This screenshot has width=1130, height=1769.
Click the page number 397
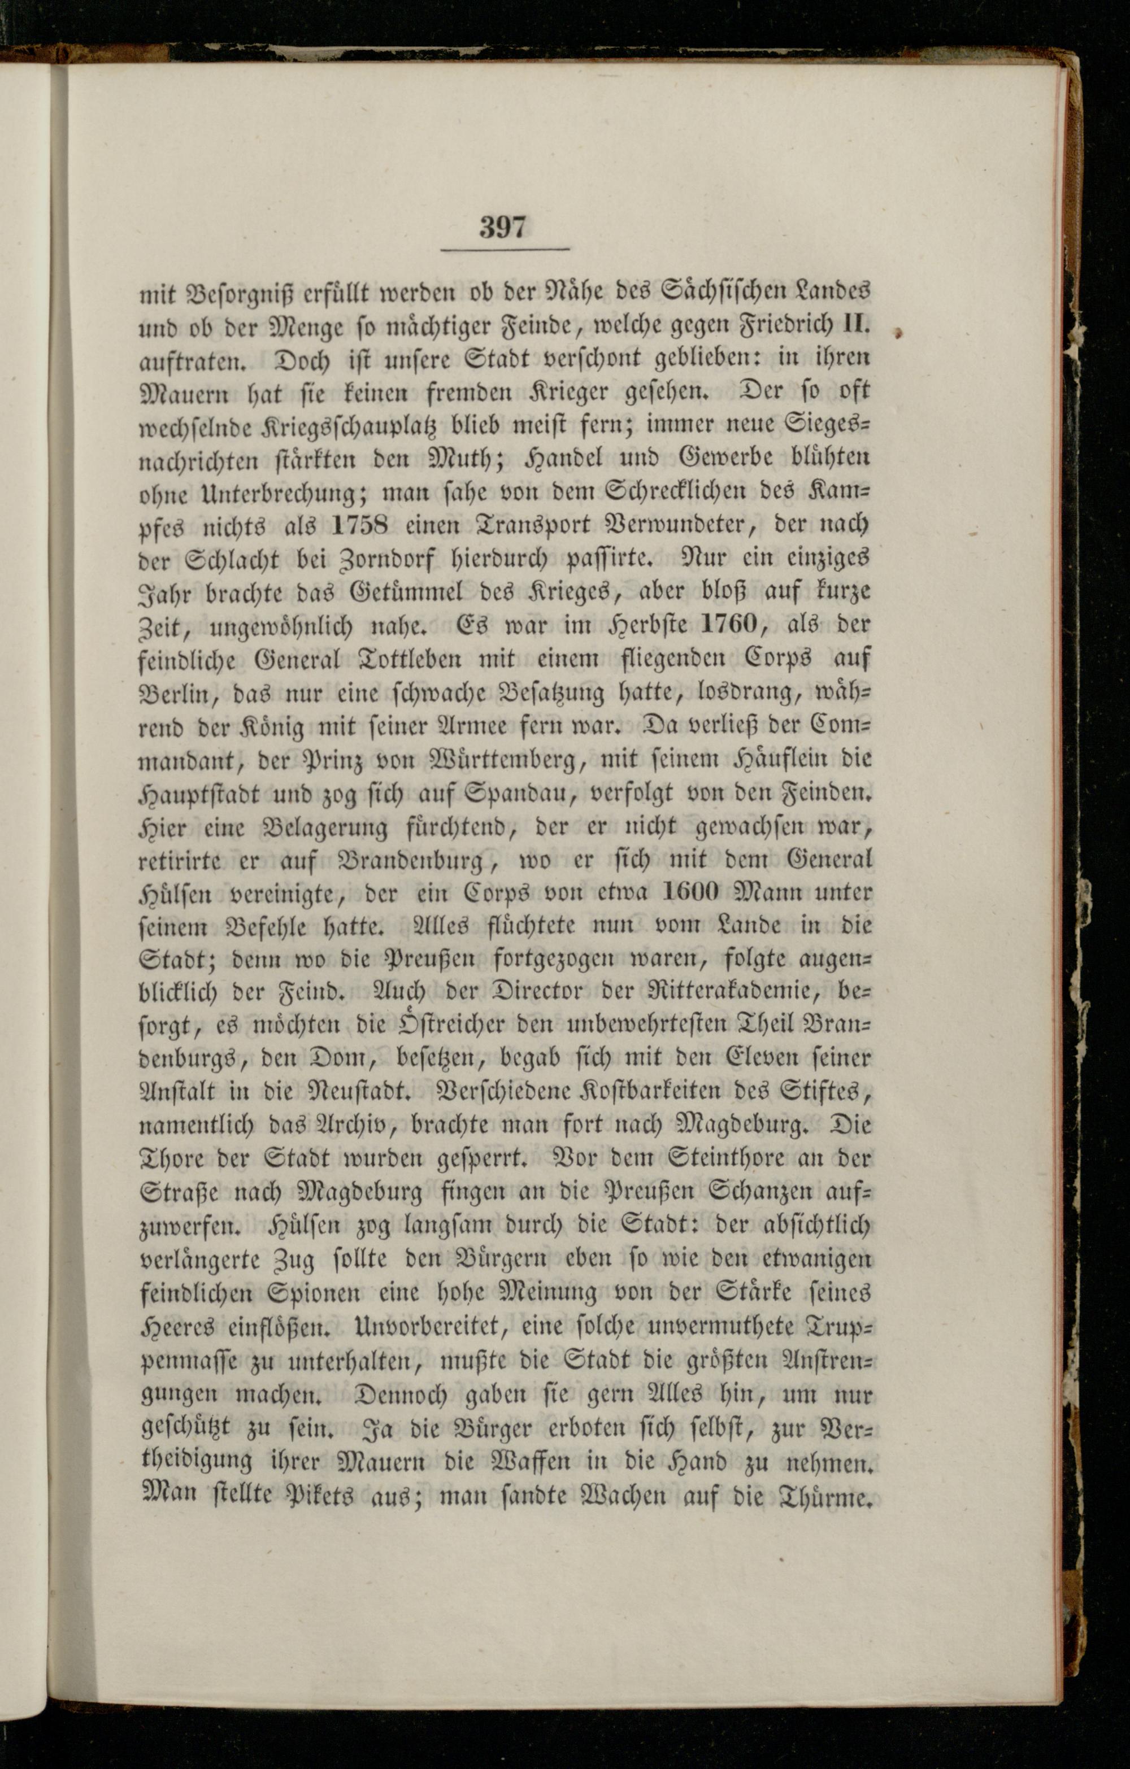[503, 228]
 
